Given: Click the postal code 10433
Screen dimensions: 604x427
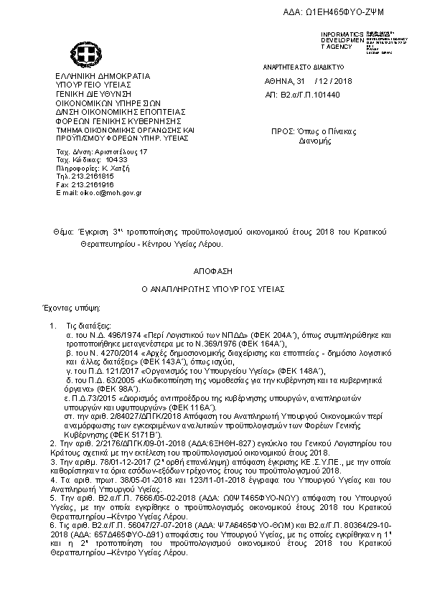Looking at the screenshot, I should click(95, 161).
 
